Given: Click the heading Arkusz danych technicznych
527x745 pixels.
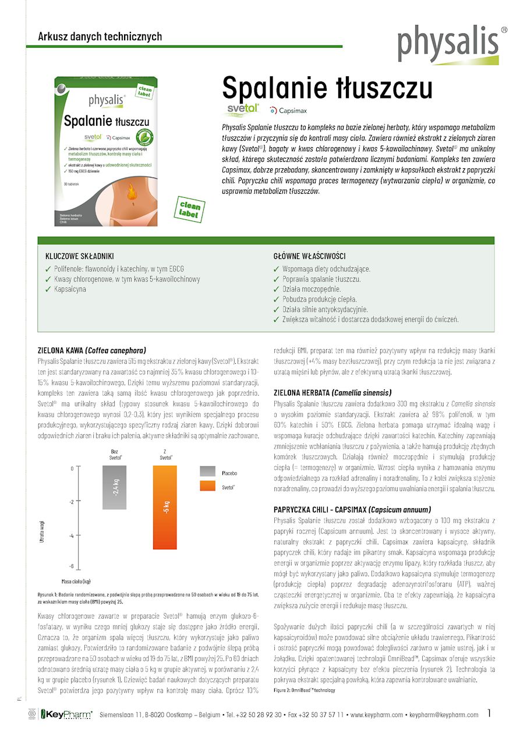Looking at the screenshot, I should (100, 37).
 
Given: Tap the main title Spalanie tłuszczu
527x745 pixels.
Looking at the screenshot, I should (327, 88).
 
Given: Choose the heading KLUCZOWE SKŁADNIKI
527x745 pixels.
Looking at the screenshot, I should (80, 256).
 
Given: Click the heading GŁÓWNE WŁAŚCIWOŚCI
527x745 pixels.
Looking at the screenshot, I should (310, 256).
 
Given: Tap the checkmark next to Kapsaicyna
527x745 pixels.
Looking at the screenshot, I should (48, 289).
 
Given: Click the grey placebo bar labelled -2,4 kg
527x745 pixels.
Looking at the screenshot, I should (115, 487).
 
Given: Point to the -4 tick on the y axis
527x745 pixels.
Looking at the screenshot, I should (71, 535).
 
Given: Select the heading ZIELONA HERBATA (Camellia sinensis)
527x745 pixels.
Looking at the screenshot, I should (333, 393).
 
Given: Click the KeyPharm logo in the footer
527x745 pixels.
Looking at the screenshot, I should (65, 715).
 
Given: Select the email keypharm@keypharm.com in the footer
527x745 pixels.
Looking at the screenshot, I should (444, 715).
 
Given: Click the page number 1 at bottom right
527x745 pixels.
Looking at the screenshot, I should (490, 713).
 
